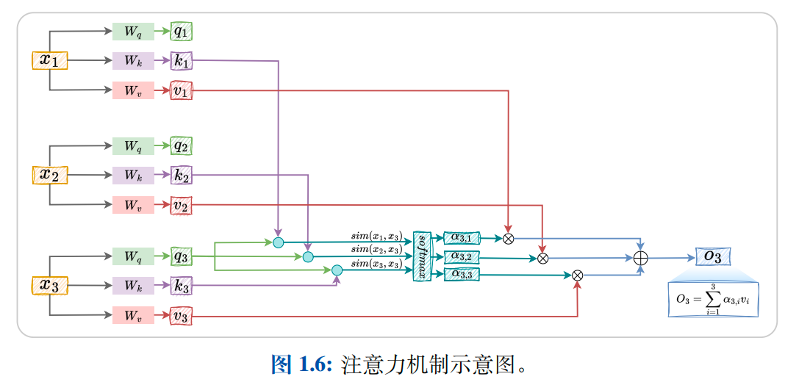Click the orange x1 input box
49,60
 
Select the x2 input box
49,175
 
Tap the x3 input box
49,285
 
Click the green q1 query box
181,32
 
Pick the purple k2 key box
181,176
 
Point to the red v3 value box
181,317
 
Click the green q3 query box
181,256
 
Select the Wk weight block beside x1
133,61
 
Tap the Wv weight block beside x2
133,206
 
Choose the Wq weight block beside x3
133,256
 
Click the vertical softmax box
422,256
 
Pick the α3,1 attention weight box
462,237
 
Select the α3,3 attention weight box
462,274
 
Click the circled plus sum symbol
641,258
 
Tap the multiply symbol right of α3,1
508,238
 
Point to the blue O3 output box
713,256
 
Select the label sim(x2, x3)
376,251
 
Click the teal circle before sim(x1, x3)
278,242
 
